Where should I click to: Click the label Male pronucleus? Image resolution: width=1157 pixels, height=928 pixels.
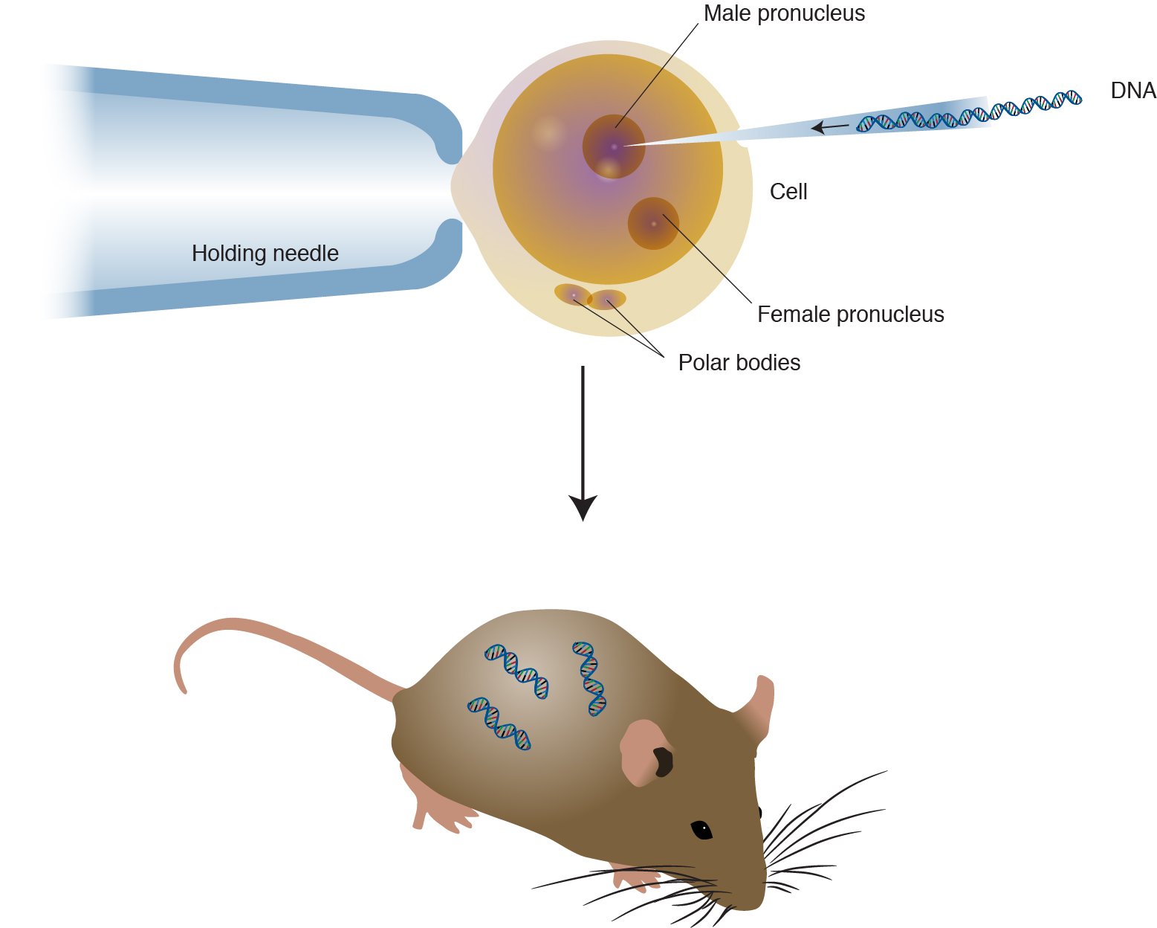pos(784,14)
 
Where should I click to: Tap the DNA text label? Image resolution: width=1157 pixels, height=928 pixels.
pos(1132,91)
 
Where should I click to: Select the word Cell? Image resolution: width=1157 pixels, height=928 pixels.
pos(788,192)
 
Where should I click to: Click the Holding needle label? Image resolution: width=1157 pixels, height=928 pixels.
pos(265,254)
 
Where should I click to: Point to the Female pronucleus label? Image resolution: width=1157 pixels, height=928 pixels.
pos(850,315)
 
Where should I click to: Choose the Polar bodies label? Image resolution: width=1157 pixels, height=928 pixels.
pos(739,363)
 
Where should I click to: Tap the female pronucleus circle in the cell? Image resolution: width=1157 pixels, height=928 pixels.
pos(653,223)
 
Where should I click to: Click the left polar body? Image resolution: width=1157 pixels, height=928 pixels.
pos(572,294)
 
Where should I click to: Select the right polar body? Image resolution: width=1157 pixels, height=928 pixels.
pos(607,300)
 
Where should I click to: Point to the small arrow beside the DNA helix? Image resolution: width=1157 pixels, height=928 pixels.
pos(828,127)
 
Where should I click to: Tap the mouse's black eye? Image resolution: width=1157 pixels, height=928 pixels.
pos(701,829)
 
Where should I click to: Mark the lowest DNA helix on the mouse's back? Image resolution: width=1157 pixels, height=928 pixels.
pos(499,723)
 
